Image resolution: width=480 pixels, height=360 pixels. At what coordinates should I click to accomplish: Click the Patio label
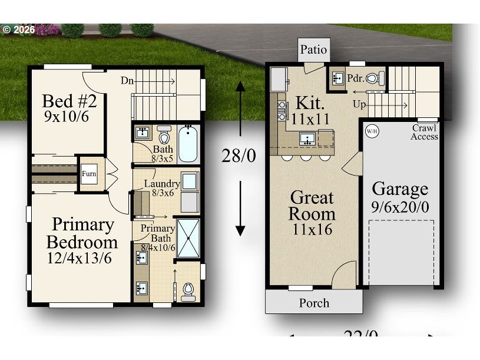click(313, 49)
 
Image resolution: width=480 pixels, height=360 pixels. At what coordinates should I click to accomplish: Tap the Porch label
click(314, 303)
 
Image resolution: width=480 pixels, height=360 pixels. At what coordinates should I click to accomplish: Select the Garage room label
click(400, 189)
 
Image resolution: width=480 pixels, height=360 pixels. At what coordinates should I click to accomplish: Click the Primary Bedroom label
click(82, 233)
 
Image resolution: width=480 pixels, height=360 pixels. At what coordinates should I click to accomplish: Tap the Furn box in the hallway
click(90, 174)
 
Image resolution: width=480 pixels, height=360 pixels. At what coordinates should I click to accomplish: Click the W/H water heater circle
click(372, 131)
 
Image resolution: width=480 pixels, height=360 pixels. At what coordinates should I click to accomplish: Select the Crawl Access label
click(424, 133)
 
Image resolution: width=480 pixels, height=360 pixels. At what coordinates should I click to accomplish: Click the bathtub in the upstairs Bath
click(188, 143)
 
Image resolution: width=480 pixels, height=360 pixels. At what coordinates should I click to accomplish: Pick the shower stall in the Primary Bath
click(188, 237)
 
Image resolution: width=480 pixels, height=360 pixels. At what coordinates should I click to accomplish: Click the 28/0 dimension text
click(239, 156)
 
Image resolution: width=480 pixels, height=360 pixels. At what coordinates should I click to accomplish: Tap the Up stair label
click(359, 104)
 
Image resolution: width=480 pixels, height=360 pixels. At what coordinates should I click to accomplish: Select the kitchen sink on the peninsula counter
click(307, 139)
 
